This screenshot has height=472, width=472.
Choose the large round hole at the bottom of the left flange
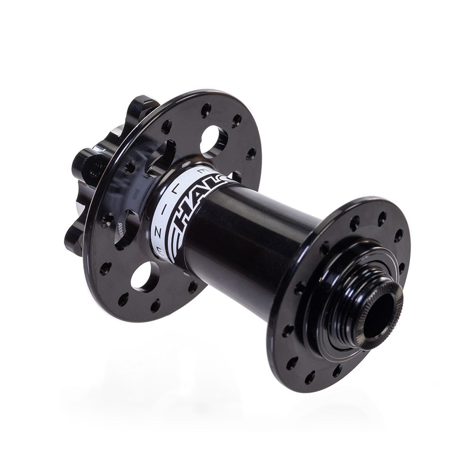[x=145, y=277]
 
